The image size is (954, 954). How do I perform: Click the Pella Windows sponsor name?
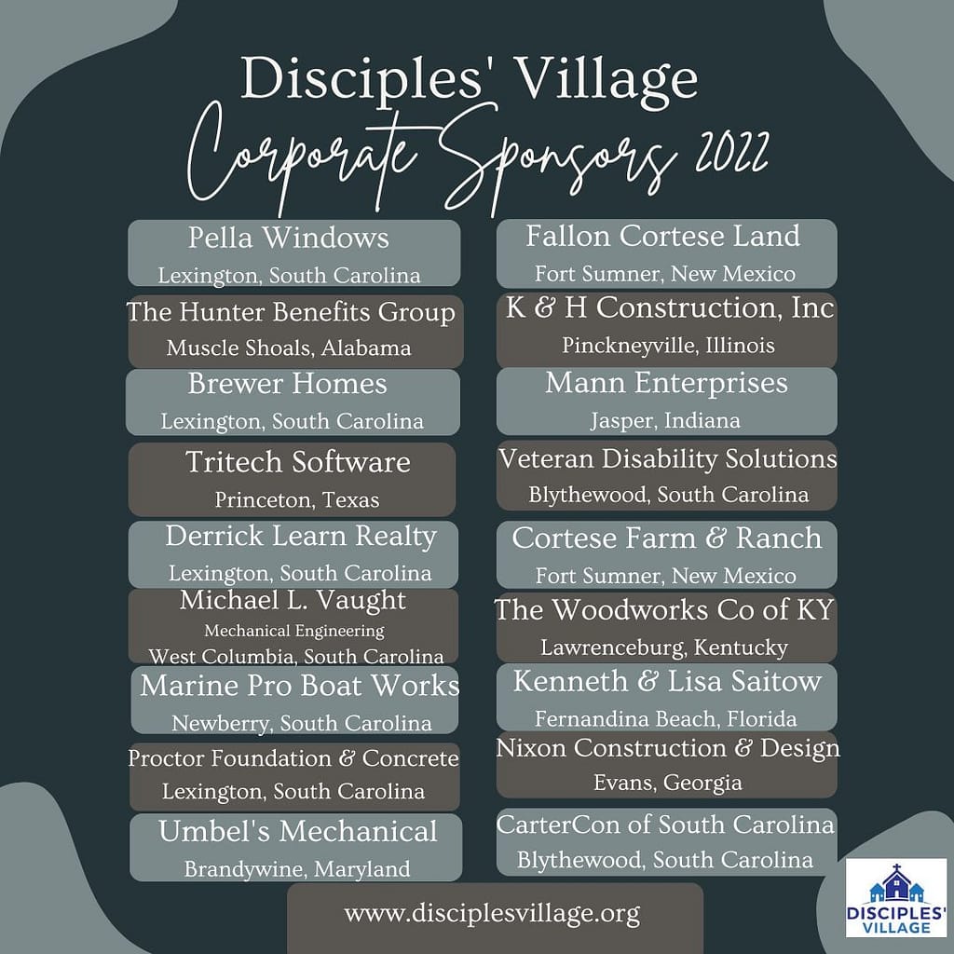(289, 238)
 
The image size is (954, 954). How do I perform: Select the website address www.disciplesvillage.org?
(492, 914)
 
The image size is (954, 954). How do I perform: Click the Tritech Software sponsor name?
(297, 462)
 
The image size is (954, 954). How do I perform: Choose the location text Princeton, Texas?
(297, 500)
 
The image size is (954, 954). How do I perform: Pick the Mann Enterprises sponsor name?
(666, 383)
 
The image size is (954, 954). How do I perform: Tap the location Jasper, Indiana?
(665, 420)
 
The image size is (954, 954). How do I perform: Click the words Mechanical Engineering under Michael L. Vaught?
(294, 631)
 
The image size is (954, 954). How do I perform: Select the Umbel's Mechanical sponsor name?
(297, 832)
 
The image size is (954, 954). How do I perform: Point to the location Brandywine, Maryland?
(297, 869)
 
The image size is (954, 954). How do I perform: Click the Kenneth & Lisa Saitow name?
(667, 681)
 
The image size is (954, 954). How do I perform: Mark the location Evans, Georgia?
(667, 783)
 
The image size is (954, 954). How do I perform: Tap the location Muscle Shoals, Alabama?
(289, 348)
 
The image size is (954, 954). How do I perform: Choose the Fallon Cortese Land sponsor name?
(662, 236)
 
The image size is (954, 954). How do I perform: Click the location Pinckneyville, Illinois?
(668, 346)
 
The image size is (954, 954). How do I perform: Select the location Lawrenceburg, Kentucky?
(663, 647)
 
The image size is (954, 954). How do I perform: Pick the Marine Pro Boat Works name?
(299, 686)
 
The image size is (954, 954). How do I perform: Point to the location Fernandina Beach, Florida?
(665, 719)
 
